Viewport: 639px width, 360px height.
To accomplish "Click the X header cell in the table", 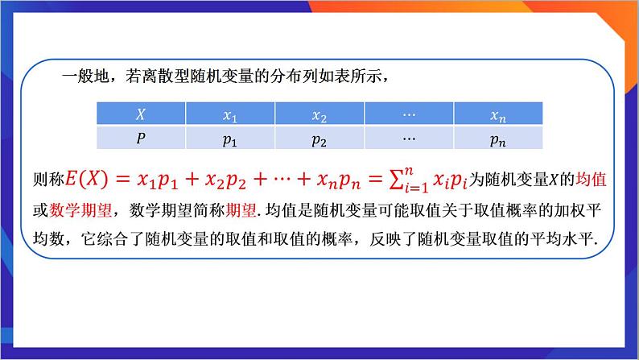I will click(x=140, y=116).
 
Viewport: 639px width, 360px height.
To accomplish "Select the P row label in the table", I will click(x=140, y=138).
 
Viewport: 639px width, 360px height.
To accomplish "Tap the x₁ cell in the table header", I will click(x=230, y=116).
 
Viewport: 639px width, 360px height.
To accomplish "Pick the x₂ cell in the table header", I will click(x=319, y=116).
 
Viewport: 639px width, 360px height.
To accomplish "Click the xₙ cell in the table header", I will click(x=499, y=116).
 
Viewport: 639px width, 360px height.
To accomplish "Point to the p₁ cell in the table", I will click(x=230, y=139).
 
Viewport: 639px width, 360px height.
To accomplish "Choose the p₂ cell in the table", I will click(x=319, y=139).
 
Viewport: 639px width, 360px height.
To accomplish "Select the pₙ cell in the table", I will click(x=499, y=139).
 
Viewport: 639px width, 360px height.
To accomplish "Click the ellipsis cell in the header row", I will click(x=409, y=115).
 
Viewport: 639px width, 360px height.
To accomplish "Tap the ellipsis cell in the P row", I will click(x=409, y=138).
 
